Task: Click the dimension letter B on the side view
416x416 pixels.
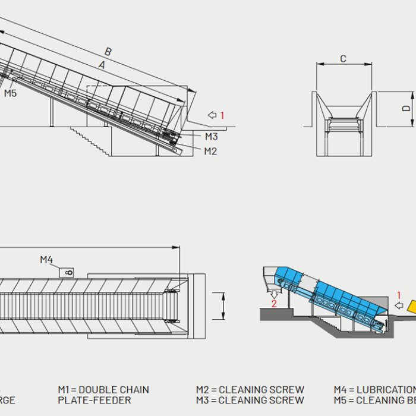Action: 108,52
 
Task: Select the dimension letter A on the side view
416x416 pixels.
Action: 102,65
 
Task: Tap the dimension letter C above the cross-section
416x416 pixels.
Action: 343,58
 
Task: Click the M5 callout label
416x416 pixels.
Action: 11,93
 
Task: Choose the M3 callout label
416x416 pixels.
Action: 211,137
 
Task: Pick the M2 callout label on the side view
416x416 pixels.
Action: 210,151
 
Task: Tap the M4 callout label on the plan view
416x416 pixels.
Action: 46,259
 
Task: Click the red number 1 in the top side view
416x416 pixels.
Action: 222,115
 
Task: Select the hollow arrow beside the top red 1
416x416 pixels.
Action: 212,115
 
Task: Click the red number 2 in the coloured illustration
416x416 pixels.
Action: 274,303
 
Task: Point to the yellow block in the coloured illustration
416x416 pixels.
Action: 410,307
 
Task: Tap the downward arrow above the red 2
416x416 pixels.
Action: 274,293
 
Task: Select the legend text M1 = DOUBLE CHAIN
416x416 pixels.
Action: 103,390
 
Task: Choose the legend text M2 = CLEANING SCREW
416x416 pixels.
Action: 250,390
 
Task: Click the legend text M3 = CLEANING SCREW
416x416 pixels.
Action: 250,401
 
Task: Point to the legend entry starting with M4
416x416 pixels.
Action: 374,390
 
